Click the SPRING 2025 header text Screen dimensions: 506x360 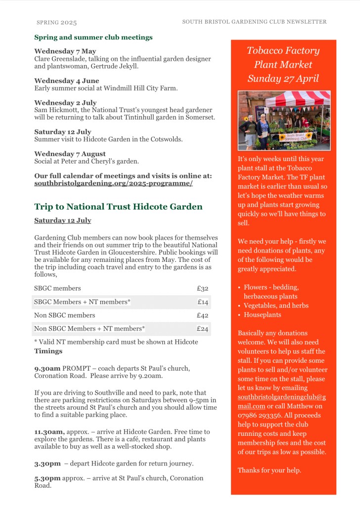click(x=57, y=23)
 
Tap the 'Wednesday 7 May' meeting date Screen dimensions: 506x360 click(x=65, y=51)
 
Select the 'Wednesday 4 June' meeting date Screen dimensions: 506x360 click(x=67, y=81)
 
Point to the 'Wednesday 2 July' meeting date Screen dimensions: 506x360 click(x=65, y=103)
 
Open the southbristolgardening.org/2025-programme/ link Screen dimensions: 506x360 click(x=113, y=183)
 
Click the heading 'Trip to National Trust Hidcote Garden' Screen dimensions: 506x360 click(x=118, y=207)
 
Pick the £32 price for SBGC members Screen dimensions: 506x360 click(x=202, y=289)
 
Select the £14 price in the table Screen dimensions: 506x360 click(x=203, y=302)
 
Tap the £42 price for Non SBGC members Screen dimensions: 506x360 click(x=202, y=315)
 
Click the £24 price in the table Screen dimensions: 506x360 click(x=202, y=329)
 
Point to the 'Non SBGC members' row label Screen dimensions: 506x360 click(x=65, y=315)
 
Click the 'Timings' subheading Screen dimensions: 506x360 click(x=48, y=351)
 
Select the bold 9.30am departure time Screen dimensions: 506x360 click(x=47, y=369)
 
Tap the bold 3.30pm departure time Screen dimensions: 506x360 click(x=47, y=464)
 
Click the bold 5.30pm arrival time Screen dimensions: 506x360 click(x=47, y=478)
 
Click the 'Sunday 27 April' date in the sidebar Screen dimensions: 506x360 click(x=283, y=79)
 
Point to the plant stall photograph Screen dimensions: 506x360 click(x=284, y=121)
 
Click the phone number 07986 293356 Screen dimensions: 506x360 click(x=259, y=415)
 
